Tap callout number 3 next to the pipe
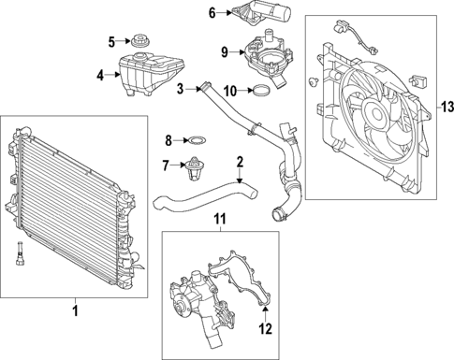[179, 89]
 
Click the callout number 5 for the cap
[110, 41]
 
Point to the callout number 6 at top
[212, 12]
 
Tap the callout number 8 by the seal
[168, 141]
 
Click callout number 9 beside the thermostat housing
[225, 50]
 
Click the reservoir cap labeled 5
[141, 42]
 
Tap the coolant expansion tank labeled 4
[146, 69]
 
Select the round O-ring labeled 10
[265, 92]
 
